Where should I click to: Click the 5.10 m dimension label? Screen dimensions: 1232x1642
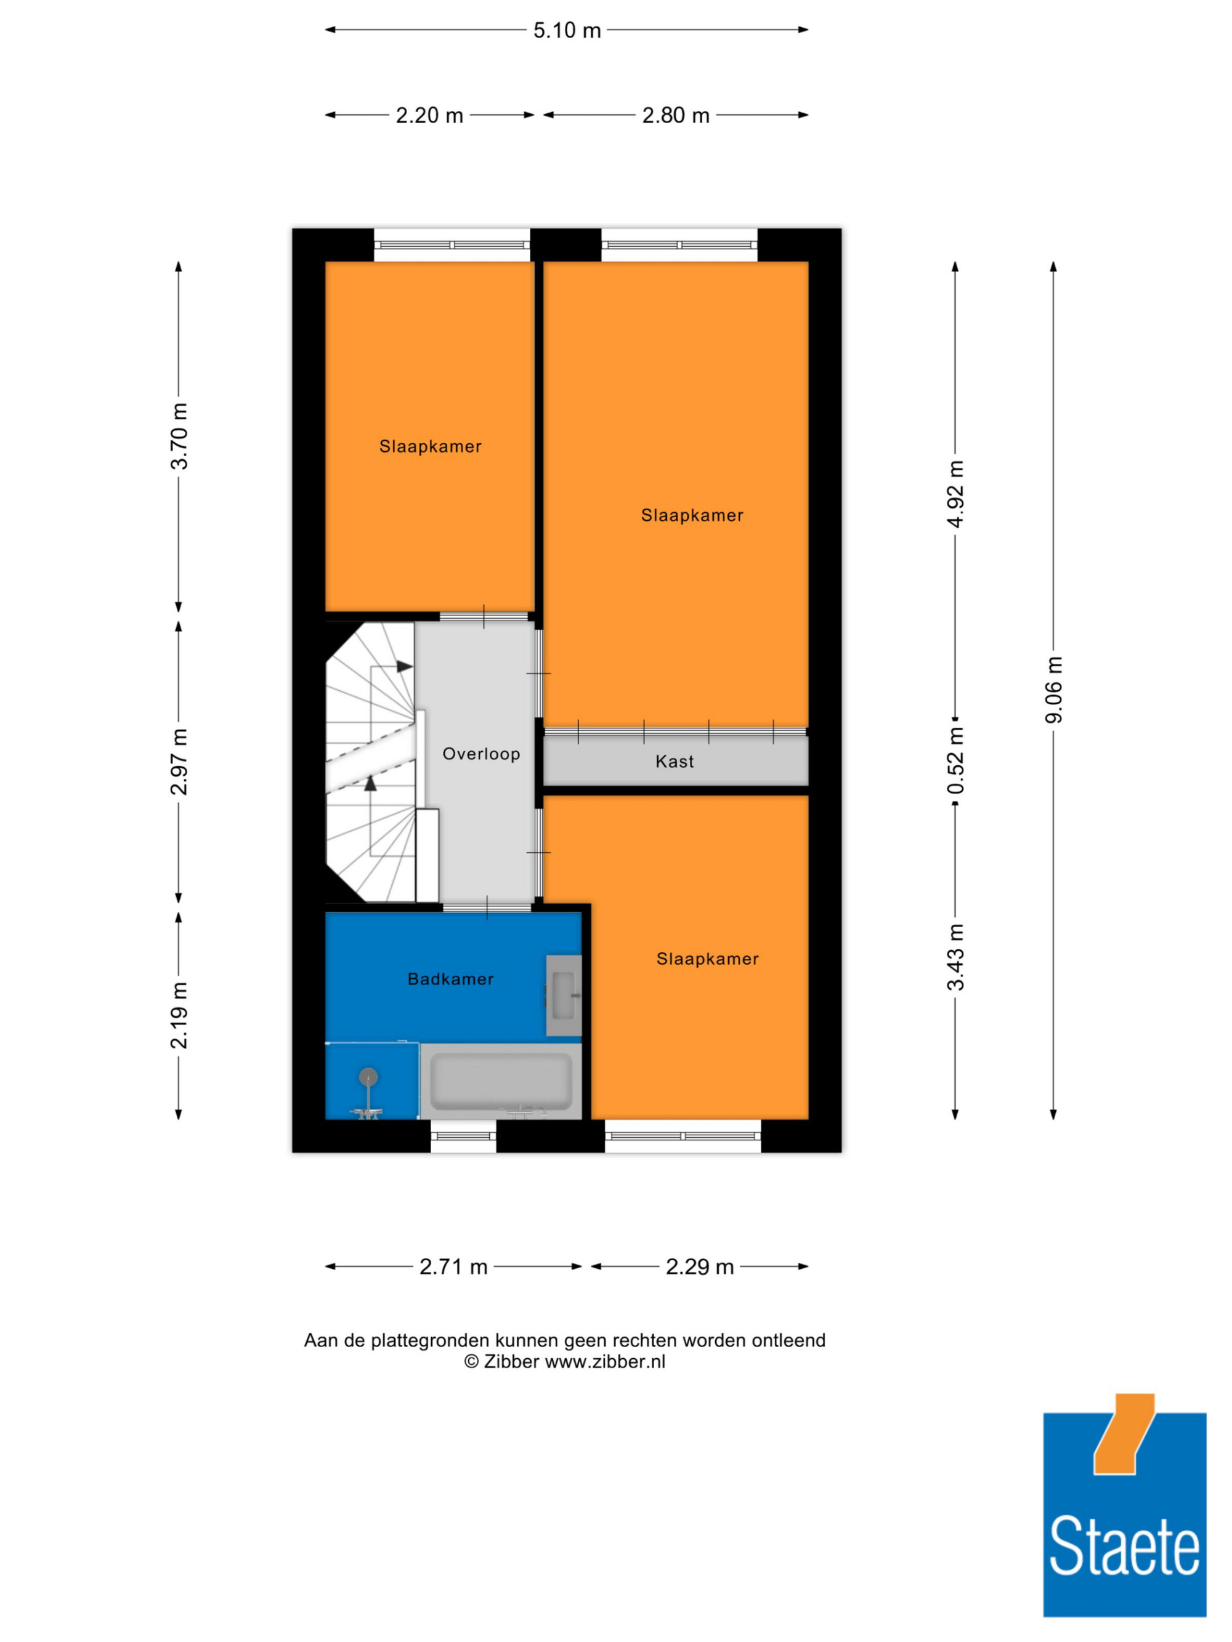[567, 30]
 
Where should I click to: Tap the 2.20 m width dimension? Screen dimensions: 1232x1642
[429, 115]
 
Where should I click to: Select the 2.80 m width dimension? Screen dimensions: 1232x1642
[676, 115]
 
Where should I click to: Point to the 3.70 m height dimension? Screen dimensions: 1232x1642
[179, 436]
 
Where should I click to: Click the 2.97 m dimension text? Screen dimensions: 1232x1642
[179, 762]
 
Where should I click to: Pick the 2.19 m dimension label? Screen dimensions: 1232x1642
[179, 1015]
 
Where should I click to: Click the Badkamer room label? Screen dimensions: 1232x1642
[451, 979]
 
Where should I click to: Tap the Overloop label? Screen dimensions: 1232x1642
[481, 754]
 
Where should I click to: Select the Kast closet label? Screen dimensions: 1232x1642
[675, 761]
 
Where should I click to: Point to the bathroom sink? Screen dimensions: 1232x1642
[564, 996]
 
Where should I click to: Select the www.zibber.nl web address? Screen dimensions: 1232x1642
[606, 1362]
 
